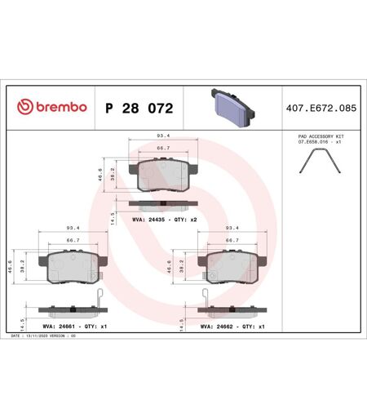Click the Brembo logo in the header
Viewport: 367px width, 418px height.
click(52, 107)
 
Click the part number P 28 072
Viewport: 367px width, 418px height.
click(139, 109)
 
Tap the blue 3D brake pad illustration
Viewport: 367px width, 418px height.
click(232, 108)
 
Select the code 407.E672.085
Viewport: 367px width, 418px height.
click(321, 109)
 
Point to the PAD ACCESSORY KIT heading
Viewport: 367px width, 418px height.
click(321, 136)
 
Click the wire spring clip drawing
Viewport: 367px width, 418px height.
click(320, 161)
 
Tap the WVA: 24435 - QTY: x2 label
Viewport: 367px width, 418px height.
click(164, 220)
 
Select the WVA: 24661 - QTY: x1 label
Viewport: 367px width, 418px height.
click(75, 327)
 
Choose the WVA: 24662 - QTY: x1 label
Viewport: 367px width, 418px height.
click(232, 327)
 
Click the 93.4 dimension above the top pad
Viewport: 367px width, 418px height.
click(163, 136)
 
